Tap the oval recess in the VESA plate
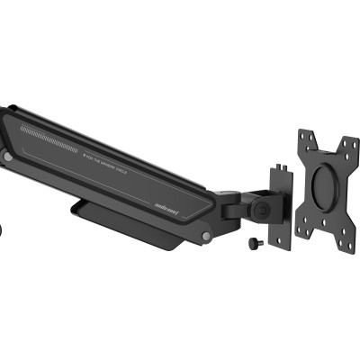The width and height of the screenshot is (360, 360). point(323,187)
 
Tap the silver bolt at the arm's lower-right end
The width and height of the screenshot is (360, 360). point(207,237)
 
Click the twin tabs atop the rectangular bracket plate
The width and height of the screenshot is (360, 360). point(283,165)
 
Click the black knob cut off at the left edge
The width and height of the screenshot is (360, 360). point(3,231)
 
